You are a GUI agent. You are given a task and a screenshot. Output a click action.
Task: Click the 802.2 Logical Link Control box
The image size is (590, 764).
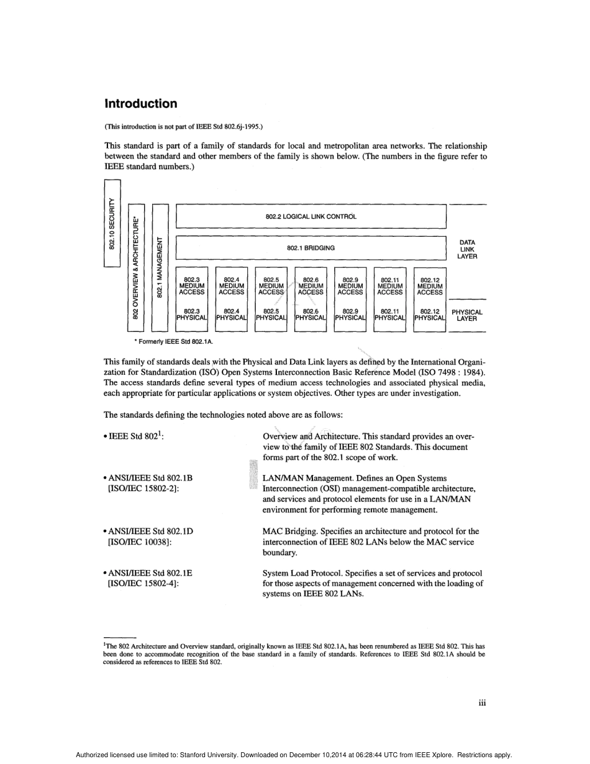click(x=311, y=217)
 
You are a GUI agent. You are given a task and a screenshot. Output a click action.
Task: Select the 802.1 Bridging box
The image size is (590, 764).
click(x=311, y=247)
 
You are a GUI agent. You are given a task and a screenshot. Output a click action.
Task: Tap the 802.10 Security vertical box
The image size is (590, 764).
click(x=112, y=223)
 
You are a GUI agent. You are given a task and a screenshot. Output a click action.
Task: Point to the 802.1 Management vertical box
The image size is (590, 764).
click(x=160, y=267)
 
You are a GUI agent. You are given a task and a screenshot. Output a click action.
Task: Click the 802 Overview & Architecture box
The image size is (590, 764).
click(x=135, y=267)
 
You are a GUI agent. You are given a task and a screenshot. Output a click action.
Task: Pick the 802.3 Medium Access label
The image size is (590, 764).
click(x=191, y=287)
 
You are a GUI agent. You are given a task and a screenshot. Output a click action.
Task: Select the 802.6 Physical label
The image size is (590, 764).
click(x=311, y=315)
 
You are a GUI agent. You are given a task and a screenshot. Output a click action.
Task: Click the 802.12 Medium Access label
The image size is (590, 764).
click(x=430, y=287)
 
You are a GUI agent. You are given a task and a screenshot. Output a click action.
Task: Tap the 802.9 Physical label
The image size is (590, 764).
click(x=350, y=315)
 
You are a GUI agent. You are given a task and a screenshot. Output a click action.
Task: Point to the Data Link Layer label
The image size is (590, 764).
click(x=467, y=249)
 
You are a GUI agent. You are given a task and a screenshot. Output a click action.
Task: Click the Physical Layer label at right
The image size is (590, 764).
click(x=466, y=315)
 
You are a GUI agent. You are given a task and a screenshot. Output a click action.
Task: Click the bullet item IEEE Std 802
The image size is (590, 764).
click(x=134, y=437)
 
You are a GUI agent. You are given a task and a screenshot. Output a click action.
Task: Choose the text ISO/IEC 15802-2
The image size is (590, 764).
click(x=140, y=489)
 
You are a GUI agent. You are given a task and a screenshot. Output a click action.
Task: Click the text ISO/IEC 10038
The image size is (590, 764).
click(x=140, y=542)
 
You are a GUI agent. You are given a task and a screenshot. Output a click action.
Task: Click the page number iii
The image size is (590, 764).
click(x=481, y=703)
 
